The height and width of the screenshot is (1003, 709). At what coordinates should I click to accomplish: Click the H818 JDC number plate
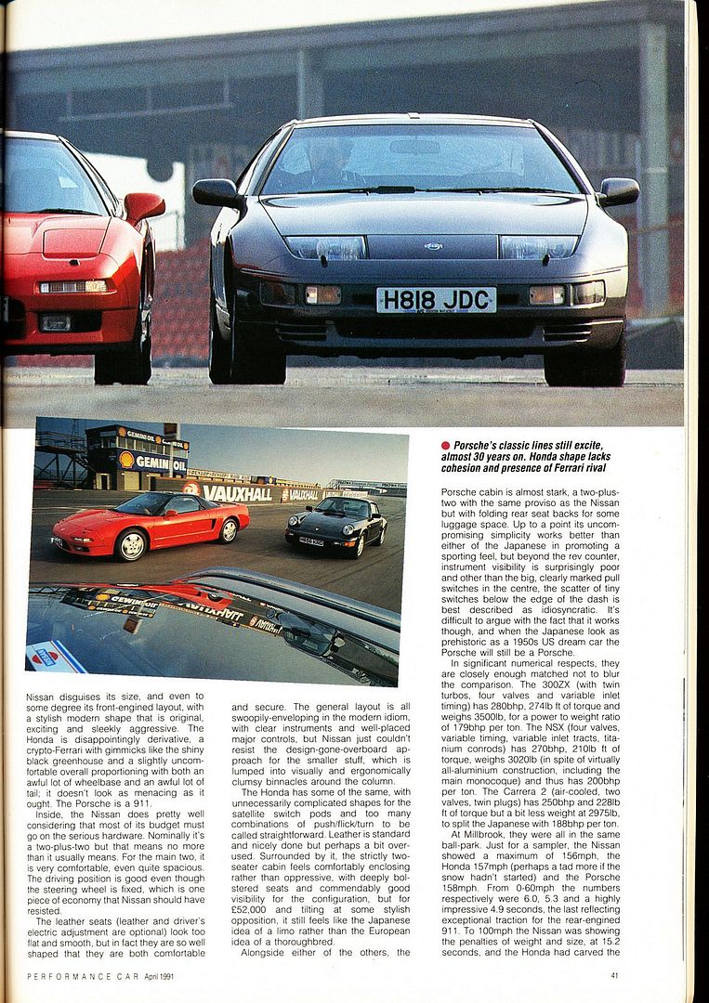coord(436,300)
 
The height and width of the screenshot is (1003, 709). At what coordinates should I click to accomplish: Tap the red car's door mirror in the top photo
coord(143,206)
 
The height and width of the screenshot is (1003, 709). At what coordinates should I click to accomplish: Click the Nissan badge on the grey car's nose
coord(432,246)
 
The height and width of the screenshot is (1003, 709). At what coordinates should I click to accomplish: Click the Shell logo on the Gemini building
coord(125,459)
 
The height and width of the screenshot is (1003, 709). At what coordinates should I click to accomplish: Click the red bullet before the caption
coord(446,445)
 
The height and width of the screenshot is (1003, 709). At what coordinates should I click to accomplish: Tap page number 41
coord(615,975)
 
